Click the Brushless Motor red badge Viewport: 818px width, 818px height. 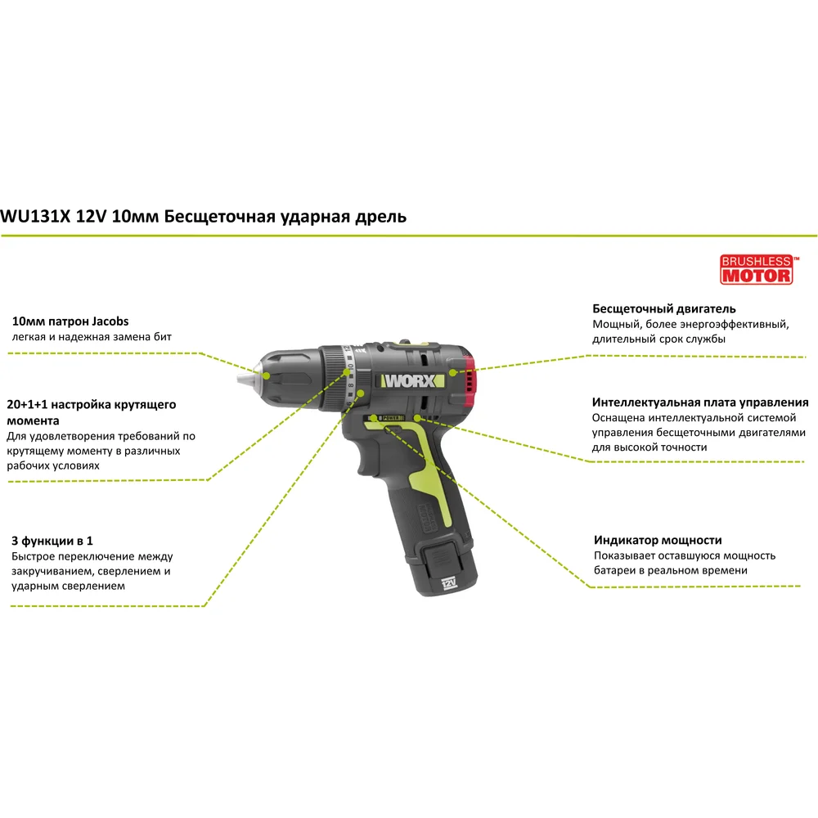757,269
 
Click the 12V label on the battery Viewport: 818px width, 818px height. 448,583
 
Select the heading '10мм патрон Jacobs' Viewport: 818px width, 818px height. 70,321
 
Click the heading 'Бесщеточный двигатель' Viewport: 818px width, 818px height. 663,309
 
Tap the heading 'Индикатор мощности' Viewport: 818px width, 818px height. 658,540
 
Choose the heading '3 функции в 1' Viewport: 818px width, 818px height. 52,541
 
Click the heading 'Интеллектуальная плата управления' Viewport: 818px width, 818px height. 700,402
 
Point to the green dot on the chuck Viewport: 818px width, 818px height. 266,375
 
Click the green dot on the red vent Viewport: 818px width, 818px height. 453,372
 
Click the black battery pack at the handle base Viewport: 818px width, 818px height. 443,566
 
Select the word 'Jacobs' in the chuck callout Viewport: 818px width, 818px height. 110,321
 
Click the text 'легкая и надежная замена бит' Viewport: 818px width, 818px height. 92,337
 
